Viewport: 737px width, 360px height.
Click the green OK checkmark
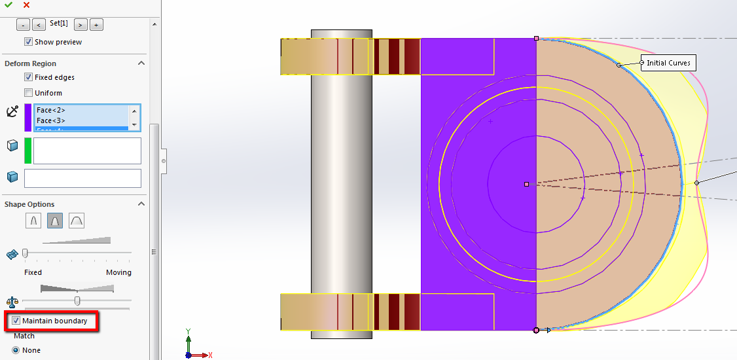[x=8, y=5]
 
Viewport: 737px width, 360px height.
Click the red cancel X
[x=26, y=5]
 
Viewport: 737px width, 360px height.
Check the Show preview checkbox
[x=28, y=42]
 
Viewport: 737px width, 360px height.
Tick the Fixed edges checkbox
[x=28, y=77]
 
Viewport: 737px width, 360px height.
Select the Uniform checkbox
[x=28, y=93]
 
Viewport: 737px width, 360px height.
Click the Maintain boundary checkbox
[x=16, y=321]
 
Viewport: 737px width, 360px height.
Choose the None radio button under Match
[x=16, y=350]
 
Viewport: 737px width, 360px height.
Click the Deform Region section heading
[x=31, y=63]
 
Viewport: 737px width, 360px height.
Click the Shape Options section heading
[x=29, y=204]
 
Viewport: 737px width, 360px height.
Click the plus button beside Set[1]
[x=96, y=24]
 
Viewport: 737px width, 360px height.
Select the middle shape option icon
[x=55, y=221]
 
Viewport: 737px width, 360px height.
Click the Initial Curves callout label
[x=668, y=63]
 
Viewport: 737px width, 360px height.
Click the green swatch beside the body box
[x=28, y=151]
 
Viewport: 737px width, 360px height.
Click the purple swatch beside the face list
[x=28, y=117]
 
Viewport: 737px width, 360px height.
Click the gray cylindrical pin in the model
[x=341, y=183]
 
